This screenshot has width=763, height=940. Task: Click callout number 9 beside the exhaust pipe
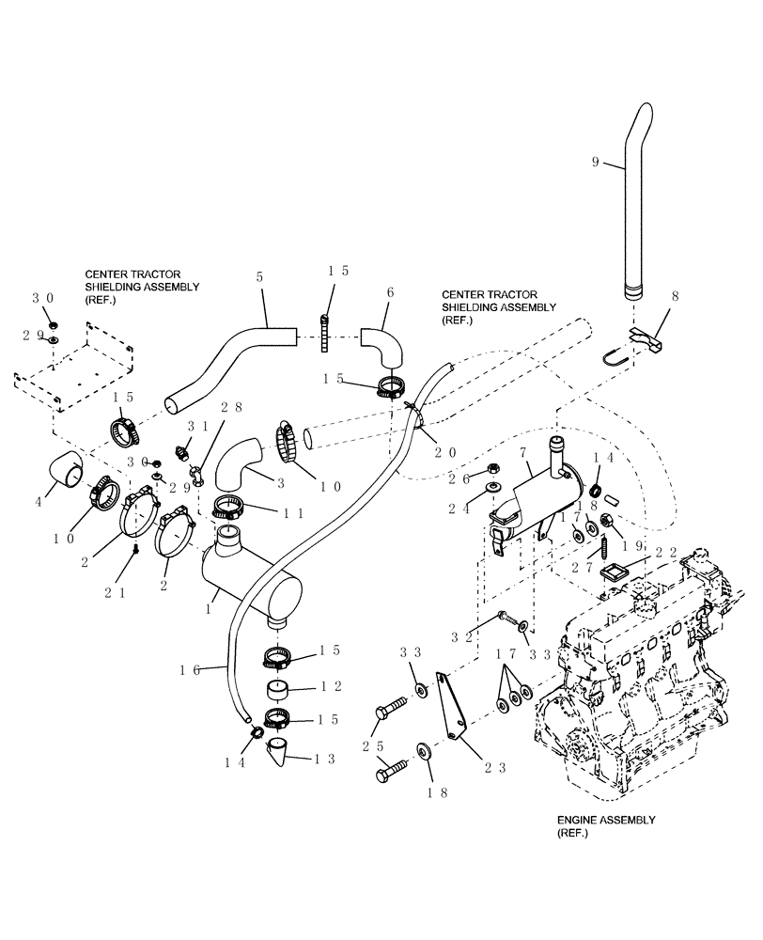point(596,161)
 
